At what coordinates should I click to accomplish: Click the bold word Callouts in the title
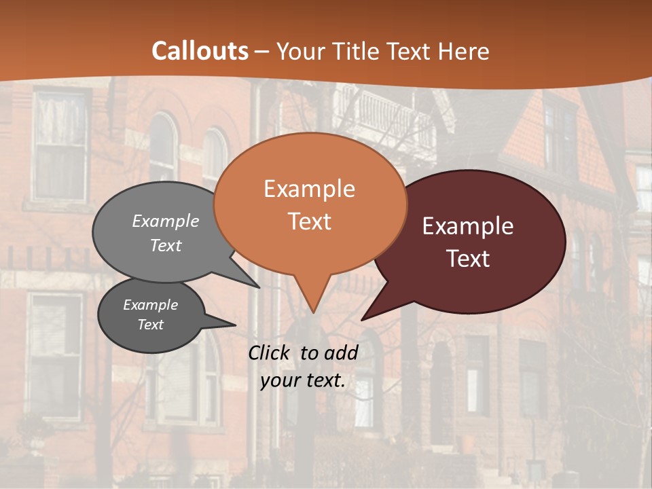point(200,51)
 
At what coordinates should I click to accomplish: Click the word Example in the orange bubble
point(309,189)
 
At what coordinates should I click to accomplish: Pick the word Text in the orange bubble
point(309,221)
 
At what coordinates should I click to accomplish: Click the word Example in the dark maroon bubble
point(468,226)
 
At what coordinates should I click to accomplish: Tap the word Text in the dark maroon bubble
point(468,259)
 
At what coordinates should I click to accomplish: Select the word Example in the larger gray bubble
point(166,221)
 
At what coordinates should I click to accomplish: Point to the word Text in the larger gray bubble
point(166,245)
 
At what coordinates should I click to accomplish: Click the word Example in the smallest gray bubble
point(150,305)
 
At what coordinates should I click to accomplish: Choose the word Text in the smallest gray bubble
point(150,325)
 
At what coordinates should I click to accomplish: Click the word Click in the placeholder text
point(269,352)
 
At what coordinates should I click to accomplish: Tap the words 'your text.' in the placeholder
point(303,381)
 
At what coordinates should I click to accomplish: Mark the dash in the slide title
point(263,52)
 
